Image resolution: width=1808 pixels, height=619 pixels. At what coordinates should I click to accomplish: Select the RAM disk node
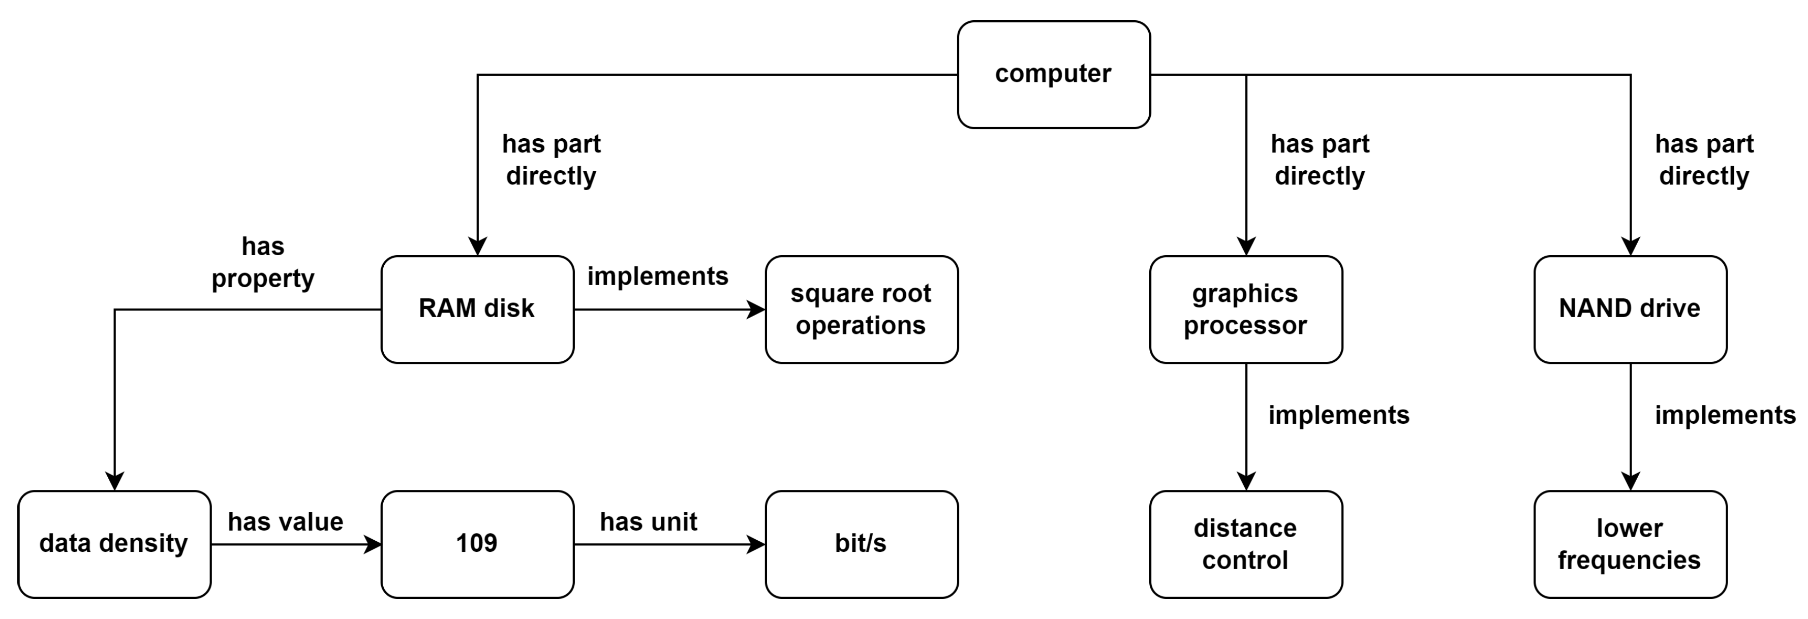pos(477,309)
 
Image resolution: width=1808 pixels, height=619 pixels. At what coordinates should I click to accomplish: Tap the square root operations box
pos(861,309)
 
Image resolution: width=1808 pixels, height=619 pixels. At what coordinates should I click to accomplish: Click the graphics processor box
pos(1245,309)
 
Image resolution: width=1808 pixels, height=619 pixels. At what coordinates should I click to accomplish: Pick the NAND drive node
pos(1629,309)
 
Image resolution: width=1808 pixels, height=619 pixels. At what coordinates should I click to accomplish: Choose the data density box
pos(114,544)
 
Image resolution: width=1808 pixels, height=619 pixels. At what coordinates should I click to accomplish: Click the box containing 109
pos(477,544)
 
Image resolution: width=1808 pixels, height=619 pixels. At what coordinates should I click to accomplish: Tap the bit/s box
pos(861,544)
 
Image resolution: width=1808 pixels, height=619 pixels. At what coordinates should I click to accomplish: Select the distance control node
pos(1245,544)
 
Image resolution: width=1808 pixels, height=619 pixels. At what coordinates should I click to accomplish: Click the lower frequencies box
pos(1629,544)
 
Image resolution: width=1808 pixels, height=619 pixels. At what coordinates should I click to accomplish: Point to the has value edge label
pos(286,521)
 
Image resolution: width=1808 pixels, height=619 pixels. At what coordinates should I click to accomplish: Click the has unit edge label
pos(649,521)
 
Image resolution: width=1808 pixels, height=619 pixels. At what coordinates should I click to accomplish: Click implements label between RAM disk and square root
pos(658,276)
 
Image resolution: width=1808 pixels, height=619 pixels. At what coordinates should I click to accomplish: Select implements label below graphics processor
pos(1338,415)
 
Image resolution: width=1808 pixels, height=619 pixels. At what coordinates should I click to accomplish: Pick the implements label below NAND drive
pos(1725,415)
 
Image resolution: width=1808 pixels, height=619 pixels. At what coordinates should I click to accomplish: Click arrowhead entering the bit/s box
pos(757,544)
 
